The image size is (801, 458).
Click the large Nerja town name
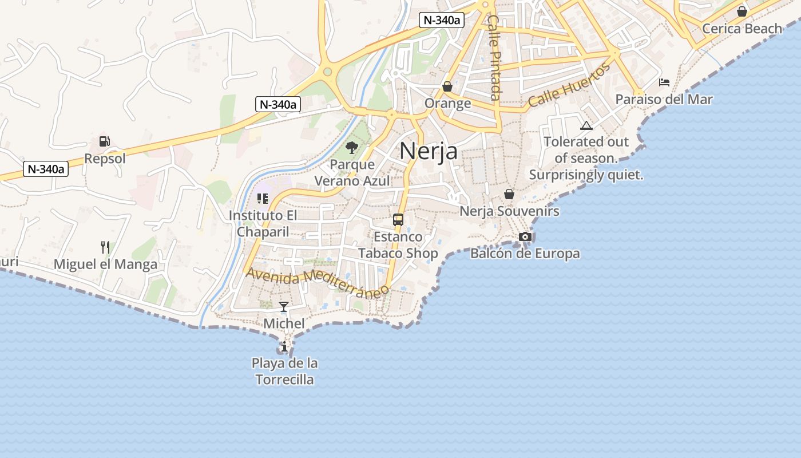[429, 151]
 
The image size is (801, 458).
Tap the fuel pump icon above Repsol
[105, 141]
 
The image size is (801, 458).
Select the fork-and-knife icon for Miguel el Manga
[105, 247]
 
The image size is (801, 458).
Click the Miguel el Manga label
[105, 264]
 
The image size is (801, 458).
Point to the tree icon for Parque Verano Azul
[352, 148]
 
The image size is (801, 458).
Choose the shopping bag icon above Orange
[447, 86]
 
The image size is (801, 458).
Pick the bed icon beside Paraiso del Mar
[664, 82]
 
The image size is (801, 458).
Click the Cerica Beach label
[741, 29]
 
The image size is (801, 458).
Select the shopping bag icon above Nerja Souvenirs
[509, 195]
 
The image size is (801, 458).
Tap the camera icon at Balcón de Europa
[525, 236]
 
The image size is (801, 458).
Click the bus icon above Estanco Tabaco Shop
[398, 220]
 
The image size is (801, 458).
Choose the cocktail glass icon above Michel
[284, 307]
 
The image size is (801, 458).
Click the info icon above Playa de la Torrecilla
[284, 346]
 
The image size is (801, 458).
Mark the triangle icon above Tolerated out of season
[586, 125]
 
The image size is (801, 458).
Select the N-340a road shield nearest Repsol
[46, 169]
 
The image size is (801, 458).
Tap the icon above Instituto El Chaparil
[263, 199]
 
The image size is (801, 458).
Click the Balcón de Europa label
[525, 253]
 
